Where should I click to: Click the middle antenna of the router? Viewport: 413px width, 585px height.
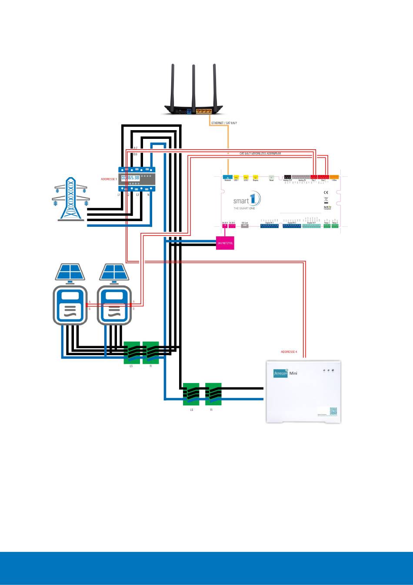click(x=193, y=85)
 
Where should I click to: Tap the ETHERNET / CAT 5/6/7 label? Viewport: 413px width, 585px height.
click(x=224, y=123)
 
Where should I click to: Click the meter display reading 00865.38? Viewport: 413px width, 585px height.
click(x=130, y=178)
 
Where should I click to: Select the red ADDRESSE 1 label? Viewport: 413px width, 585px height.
click(x=109, y=179)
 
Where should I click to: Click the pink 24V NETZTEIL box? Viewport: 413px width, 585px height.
click(x=225, y=243)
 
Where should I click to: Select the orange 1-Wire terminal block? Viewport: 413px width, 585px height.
click(x=334, y=177)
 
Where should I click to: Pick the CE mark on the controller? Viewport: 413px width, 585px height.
click(x=326, y=192)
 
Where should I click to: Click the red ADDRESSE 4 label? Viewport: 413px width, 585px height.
click(x=289, y=352)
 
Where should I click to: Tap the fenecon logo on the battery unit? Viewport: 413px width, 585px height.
click(x=280, y=373)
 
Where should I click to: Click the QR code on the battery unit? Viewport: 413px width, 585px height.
click(x=333, y=411)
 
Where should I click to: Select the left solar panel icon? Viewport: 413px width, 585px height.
click(x=70, y=272)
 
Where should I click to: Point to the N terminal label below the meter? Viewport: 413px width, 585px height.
click(x=149, y=195)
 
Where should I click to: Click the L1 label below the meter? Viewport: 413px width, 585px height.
click(x=119, y=195)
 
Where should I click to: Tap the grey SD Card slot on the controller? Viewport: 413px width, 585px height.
click(x=245, y=226)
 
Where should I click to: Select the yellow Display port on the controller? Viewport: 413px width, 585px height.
click(x=256, y=177)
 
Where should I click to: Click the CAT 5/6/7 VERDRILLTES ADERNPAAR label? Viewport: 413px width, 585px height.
click(x=260, y=154)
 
